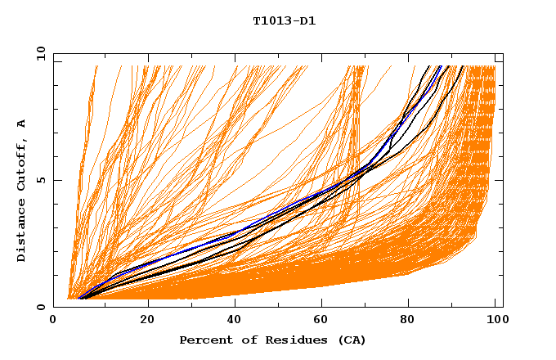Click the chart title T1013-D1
(x=284, y=20)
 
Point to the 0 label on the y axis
(x=41, y=307)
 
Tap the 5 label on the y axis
(x=41, y=180)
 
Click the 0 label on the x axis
(x=53, y=320)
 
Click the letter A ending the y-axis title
(x=21, y=124)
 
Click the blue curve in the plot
(x=245, y=230)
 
